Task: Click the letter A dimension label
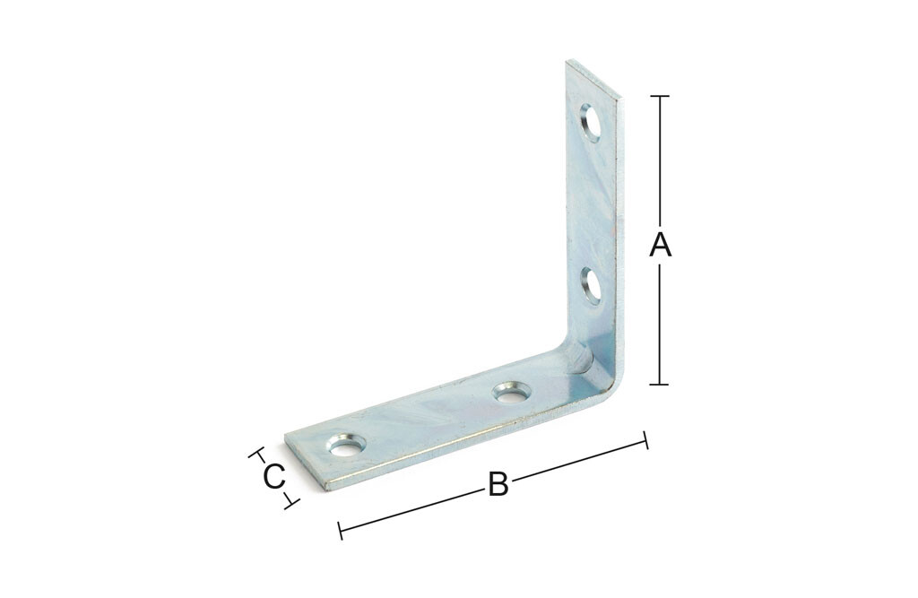coord(660,245)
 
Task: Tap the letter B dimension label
coord(498,484)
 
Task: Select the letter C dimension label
coord(274,477)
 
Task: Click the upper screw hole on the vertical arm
coord(591,123)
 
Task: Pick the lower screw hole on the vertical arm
coord(592,286)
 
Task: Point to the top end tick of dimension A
coord(660,95)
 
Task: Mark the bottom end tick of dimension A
coord(660,385)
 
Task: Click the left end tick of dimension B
coord(340,531)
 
